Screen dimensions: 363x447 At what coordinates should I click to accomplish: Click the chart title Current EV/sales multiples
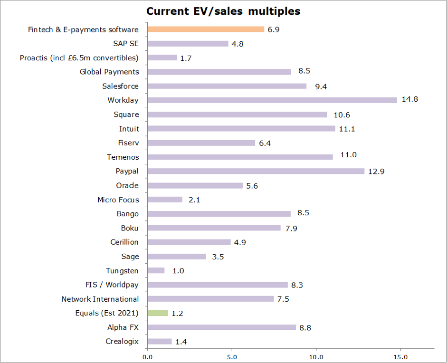(x=223, y=11)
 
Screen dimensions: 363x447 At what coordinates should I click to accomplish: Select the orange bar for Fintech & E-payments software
(x=206, y=29)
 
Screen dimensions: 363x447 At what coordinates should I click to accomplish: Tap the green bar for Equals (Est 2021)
(x=158, y=313)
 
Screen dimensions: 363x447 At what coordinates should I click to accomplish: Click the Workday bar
(x=272, y=100)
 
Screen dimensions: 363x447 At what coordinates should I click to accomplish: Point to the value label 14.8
(x=409, y=100)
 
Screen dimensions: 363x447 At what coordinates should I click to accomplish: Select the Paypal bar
(x=256, y=171)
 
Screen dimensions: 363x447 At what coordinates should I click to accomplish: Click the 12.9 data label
(x=376, y=171)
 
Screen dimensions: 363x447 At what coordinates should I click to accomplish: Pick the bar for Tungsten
(x=156, y=271)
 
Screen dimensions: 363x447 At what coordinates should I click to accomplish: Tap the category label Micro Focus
(x=118, y=200)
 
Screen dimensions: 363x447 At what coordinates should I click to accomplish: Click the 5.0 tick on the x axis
(x=232, y=355)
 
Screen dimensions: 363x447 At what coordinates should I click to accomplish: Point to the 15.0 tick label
(x=400, y=355)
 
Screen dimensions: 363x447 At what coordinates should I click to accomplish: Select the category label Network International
(x=100, y=299)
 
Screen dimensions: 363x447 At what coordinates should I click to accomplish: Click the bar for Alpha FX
(x=222, y=327)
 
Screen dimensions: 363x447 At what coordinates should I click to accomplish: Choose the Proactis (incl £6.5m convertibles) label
(x=79, y=58)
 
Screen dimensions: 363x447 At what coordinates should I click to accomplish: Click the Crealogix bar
(x=160, y=342)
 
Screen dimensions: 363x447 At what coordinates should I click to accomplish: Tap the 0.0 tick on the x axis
(x=147, y=355)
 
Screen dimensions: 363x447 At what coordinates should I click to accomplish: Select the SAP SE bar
(x=188, y=44)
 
